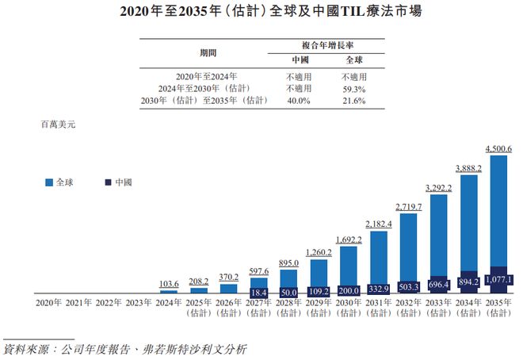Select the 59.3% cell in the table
(353, 89)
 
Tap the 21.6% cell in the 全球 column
(353, 101)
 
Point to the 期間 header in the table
(208, 52)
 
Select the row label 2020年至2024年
(208, 77)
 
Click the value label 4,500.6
(499, 148)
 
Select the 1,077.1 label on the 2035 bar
(499, 280)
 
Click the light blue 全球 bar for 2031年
(378, 254)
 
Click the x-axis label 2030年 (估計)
(349, 307)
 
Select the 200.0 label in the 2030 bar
(349, 290)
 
